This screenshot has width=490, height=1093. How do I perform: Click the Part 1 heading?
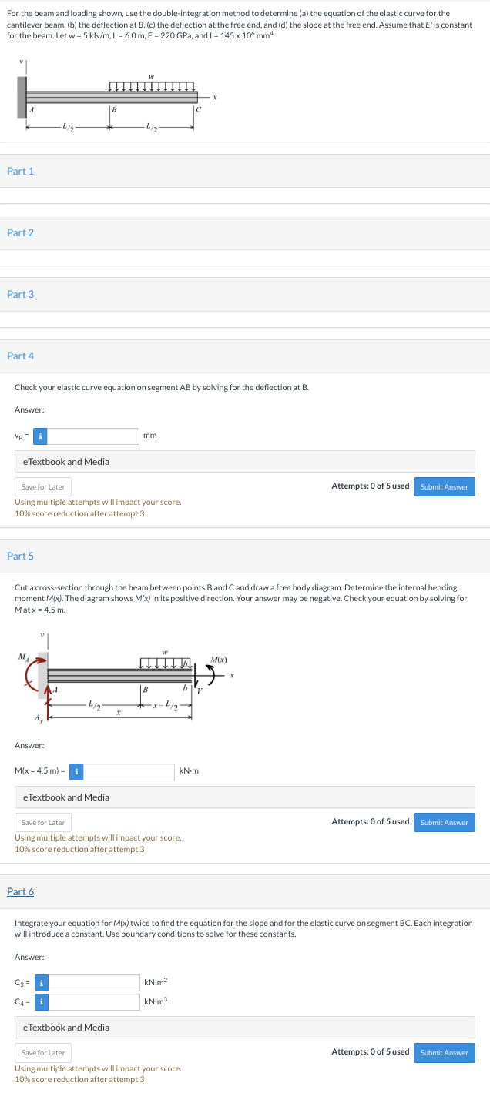(20, 171)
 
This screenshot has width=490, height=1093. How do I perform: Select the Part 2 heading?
(20, 232)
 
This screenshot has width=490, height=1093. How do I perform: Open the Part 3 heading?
(20, 294)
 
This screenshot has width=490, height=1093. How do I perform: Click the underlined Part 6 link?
(20, 891)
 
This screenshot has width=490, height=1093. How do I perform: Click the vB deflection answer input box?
(94, 436)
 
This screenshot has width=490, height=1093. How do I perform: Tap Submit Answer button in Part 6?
(444, 1052)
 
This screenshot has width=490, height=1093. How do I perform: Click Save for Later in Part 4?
(43, 486)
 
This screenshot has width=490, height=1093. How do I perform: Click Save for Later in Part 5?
(43, 822)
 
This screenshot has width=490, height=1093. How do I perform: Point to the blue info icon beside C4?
(40, 1002)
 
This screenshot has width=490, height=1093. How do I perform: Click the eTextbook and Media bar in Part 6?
(245, 1027)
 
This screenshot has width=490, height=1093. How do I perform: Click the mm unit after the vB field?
(150, 436)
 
